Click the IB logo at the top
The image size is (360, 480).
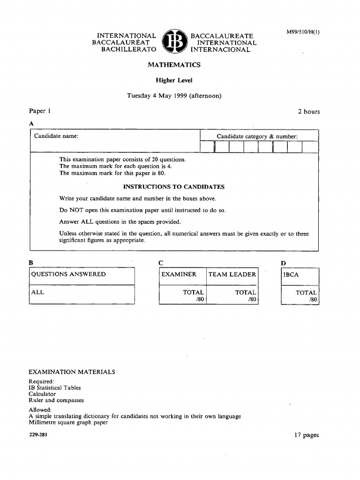click(174, 42)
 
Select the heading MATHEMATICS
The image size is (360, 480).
click(174, 65)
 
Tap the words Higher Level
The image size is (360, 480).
click(174, 80)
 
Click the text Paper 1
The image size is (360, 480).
click(39, 111)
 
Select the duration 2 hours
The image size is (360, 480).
click(308, 112)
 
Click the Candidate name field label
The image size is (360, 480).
click(56, 136)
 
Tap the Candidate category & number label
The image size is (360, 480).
click(257, 136)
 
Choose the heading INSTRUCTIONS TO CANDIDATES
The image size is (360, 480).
click(174, 187)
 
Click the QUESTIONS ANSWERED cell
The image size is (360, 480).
click(68, 274)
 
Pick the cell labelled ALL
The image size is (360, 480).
click(37, 292)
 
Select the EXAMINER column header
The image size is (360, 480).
click(179, 274)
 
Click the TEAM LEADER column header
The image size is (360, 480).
click(232, 274)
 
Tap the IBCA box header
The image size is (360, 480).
click(291, 275)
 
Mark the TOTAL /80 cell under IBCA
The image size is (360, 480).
click(306, 295)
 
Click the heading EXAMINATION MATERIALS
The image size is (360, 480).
click(72, 372)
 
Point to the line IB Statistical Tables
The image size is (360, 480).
click(55, 388)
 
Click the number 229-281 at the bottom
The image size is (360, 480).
click(38, 435)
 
